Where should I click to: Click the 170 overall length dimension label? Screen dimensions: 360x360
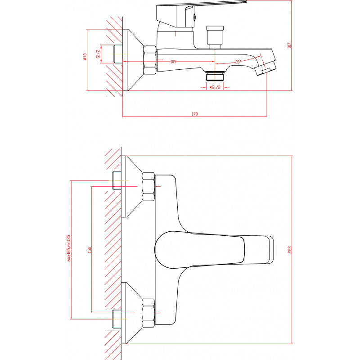point(194,114)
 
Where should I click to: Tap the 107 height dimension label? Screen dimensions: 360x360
point(289,45)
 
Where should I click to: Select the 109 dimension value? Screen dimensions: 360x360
point(173,62)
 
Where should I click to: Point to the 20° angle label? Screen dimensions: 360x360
point(238,62)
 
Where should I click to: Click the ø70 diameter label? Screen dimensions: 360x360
point(85,57)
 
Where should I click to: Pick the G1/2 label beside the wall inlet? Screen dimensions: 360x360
point(98,54)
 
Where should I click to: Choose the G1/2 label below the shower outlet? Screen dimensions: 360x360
point(215,87)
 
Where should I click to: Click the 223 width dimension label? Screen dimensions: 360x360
point(289,250)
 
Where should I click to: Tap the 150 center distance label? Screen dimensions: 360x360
point(90,250)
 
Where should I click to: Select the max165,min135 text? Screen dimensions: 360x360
point(69,248)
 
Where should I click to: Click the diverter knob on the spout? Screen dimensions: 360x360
point(215,37)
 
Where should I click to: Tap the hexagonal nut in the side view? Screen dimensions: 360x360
point(150,60)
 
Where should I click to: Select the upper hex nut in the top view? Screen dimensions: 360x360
point(148,187)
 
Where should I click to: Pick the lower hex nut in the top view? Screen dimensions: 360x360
point(148,313)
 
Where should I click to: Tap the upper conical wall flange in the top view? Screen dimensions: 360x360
point(131,186)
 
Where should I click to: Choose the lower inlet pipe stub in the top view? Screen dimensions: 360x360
point(117,319)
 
